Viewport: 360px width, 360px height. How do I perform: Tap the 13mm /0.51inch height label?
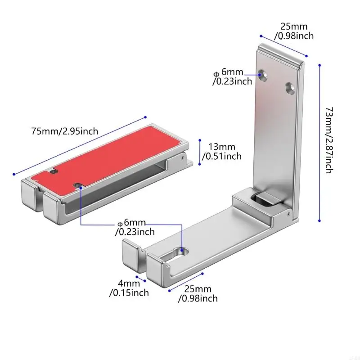click(x=222, y=151)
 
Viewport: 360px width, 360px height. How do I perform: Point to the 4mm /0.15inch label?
click(x=129, y=288)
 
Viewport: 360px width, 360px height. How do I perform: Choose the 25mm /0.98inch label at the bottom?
click(x=198, y=293)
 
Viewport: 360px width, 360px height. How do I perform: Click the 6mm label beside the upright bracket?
click(x=233, y=77)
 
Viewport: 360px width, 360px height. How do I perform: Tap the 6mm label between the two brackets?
click(x=135, y=228)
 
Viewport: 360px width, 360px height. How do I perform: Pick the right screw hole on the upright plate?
click(x=290, y=87)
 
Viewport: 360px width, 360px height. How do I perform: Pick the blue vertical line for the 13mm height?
click(x=198, y=151)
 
